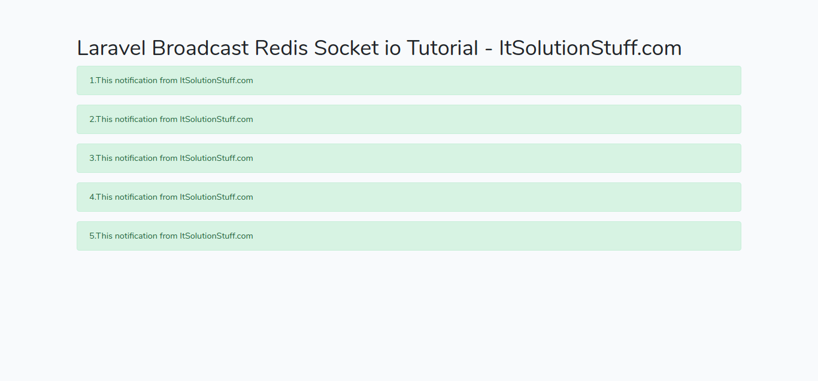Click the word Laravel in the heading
(x=111, y=48)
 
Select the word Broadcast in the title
(x=200, y=48)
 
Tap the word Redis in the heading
(x=281, y=48)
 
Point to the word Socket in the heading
(x=346, y=48)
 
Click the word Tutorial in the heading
(x=442, y=48)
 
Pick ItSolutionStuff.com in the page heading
(x=590, y=48)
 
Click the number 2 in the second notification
(x=92, y=120)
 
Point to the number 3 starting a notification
(x=92, y=159)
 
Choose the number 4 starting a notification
(x=92, y=197)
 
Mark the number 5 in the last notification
(x=92, y=236)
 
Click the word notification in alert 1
(x=136, y=81)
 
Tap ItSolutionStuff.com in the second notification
(x=216, y=120)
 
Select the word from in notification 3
(x=168, y=159)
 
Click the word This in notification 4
(x=104, y=197)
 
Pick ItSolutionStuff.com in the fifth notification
(x=216, y=236)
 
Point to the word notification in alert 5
(x=136, y=236)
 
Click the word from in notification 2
(x=168, y=120)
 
